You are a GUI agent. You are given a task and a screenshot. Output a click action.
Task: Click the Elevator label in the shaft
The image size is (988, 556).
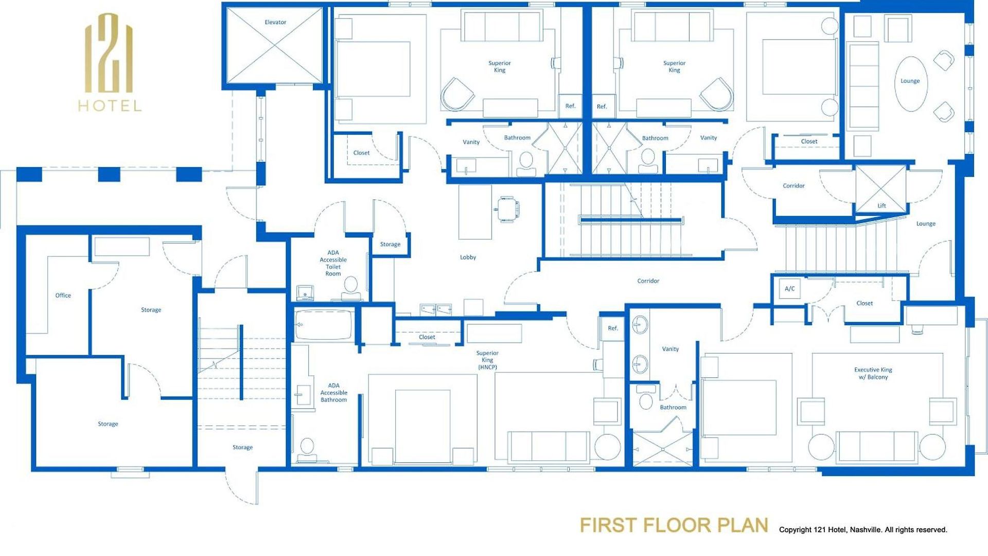(x=275, y=22)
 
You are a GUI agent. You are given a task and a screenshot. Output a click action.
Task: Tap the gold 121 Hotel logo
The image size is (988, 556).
(x=110, y=62)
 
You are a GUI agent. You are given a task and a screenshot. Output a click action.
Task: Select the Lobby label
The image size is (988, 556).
(x=468, y=257)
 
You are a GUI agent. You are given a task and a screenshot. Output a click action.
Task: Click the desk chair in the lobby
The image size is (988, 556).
(x=507, y=208)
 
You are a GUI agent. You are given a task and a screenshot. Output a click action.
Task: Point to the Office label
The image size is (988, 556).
(x=63, y=296)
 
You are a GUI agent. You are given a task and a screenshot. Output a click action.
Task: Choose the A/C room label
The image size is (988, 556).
(x=790, y=289)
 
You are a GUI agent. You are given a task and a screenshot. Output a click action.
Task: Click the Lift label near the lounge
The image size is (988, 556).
(x=881, y=206)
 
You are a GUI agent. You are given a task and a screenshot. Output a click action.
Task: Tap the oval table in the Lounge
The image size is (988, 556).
(x=911, y=84)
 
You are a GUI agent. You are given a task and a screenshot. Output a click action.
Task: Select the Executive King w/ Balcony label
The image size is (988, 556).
(x=873, y=373)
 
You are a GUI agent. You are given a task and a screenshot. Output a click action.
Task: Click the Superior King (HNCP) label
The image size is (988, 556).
(x=487, y=360)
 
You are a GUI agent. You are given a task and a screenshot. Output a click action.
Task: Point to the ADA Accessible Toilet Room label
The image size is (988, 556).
(x=333, y=263)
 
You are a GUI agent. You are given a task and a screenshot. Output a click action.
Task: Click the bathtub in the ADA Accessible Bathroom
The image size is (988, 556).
(x=324, y=325)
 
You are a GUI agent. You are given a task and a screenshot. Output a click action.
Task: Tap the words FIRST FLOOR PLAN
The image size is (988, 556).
(x=674, y=525)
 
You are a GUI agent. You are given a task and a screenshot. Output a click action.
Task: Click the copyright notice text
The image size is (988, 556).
(x=863, y=530)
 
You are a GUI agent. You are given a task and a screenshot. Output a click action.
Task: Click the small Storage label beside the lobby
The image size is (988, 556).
(x=390, y=245)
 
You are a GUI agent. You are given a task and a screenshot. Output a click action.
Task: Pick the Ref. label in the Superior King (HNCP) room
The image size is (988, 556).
(x=613, y=328)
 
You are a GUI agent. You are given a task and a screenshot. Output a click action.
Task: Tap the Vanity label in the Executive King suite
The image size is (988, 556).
(x=671, y=349)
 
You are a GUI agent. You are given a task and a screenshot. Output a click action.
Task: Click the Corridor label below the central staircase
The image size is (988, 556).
(x=648, y=281)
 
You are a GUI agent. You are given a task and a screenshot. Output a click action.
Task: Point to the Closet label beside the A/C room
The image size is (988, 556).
(x=864, y=304)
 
